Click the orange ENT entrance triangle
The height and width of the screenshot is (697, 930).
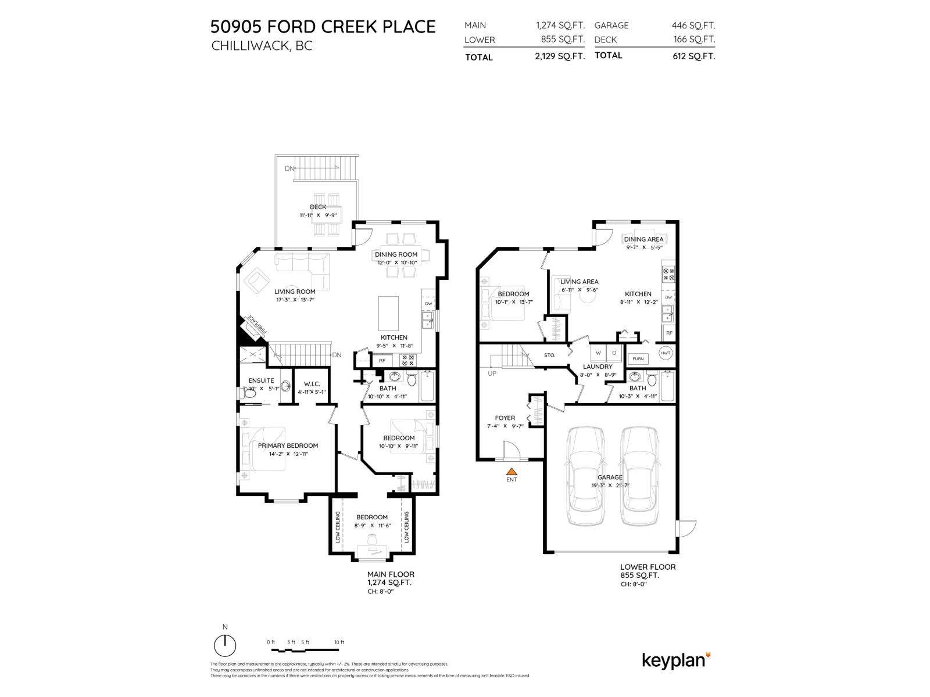512,472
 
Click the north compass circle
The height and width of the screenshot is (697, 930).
225,645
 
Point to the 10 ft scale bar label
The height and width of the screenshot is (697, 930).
339,642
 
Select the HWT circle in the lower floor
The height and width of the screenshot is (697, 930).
666,353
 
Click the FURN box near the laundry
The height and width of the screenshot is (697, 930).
638,359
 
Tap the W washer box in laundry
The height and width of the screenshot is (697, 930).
598,353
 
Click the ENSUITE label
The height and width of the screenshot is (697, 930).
261,381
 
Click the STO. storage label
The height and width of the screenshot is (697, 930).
549,355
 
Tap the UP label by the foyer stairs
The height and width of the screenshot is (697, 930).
492,373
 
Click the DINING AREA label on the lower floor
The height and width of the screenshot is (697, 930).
643,239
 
